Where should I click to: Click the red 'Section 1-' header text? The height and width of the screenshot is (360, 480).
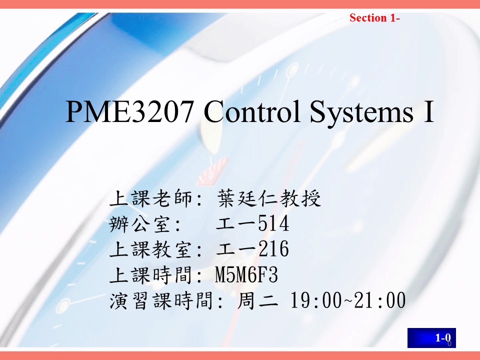374,18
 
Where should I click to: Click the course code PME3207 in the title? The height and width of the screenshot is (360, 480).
129,111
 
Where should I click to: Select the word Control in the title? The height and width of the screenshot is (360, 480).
252,111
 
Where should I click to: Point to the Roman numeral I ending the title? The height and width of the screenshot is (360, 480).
429,111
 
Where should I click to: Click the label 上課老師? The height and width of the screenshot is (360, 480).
150,198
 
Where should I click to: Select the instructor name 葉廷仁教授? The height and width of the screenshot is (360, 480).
269,198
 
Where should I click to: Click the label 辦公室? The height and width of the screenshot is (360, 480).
139,223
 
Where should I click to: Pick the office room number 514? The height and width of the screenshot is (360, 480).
273,223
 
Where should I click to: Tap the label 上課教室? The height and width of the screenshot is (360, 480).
150,249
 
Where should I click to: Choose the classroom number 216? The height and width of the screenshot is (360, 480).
273,248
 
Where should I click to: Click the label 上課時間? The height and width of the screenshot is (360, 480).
150,274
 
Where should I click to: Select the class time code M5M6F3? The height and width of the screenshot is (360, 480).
246,274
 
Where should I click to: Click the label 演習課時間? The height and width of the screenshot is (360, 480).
161,300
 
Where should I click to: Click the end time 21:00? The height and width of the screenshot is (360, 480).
380,300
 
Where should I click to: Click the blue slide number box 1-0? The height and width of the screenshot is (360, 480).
431,337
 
